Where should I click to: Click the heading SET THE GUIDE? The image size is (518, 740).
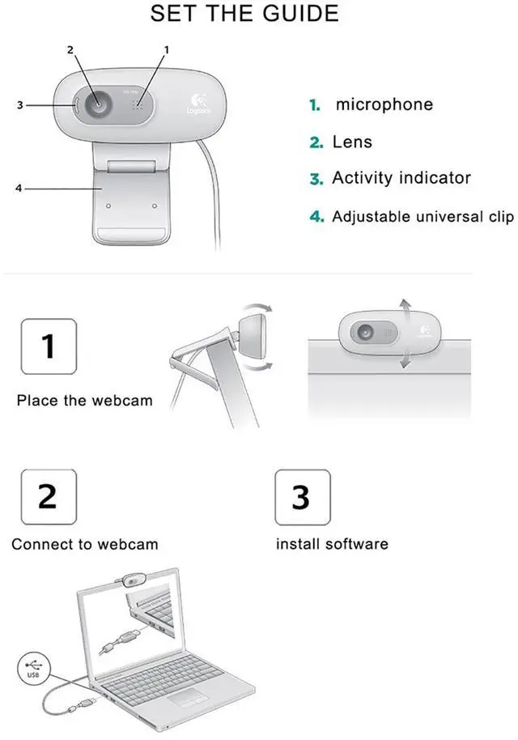pyautogui.click(x=244, y=13)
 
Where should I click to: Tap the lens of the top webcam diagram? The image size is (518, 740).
pyautogui.click(x=98, y=104)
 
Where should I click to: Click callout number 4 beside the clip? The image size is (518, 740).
pyautogui.click(x=19, y=189)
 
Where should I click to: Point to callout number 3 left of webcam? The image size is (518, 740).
pyautogui.click(x=19, y=104)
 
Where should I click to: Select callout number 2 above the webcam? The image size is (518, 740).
pyautogui.click(x=70, y=49)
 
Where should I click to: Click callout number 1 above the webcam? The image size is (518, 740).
pyautogui.click(x=166, y=49)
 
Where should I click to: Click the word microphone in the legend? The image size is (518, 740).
pyautogui.click(x=384, y=104)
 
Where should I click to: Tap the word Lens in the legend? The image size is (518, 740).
pyautogui.click(x=352, y=142)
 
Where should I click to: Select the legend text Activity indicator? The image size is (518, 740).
pyautogui.click(x=401, y=178)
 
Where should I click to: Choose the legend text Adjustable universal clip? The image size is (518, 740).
pyautogui.click(x=422, y=217)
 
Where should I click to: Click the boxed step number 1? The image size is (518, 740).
pyautogui.click(x=49, y=347)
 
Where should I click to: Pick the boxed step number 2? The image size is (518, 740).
pyautogui.click(x=49, y=496)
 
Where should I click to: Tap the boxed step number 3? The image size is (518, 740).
pyautogui.click(x=303, y=496)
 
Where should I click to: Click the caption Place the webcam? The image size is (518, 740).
pyautogui.click(x=84, y=401)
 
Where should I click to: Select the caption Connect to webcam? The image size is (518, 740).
pyautogui.click(x=84, y=544)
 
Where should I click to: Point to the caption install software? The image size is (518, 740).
pyautogui.click(x=332, y=544)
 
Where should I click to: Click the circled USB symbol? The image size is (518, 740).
pyautogui.click(x=33, y=668)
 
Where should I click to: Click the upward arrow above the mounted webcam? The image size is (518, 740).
pyautogui.click(x=405, y=309)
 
